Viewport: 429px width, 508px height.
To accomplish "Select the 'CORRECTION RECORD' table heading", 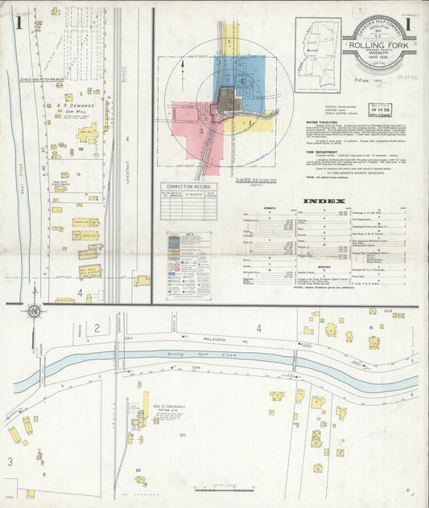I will coord(188,186).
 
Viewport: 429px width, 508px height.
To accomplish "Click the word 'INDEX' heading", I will coord(325,200).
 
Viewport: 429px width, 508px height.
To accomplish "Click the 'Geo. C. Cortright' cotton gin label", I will coord(169,408).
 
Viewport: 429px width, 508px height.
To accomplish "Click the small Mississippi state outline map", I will coord(317,47).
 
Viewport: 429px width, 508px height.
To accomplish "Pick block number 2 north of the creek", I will coord(97,328).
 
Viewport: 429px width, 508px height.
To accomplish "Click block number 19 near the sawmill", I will coord(79,173).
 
